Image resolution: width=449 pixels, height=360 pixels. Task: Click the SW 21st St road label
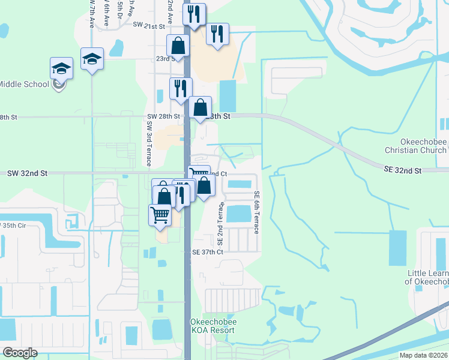click(149, 26)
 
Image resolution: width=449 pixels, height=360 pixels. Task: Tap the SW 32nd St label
click(27, 173)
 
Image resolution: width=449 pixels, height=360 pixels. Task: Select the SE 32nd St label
click(403, 170)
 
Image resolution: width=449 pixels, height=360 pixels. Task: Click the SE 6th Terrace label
click(256, 212)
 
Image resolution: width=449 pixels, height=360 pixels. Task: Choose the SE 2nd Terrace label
click(220, 224)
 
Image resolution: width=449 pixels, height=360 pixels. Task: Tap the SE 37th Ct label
click(207, 252)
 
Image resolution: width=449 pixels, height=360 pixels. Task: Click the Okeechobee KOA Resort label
click(214, 326)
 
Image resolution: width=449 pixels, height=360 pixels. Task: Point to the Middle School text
click(24, 84)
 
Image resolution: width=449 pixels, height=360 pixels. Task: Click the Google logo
click(20, 352)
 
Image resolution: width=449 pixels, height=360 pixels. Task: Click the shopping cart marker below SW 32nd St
click(160, 214)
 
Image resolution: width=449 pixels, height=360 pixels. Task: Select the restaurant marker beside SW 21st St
click(194, 14)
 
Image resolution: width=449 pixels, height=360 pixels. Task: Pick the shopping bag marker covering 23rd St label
click(178, 45)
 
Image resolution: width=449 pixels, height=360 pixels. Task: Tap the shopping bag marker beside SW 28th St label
click(200, 107)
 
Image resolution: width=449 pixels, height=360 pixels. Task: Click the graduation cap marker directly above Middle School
click(61, 68)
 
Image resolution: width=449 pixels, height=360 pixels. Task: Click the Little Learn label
click(427, 277)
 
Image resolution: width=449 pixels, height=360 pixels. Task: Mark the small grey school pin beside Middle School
click(58, 85)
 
